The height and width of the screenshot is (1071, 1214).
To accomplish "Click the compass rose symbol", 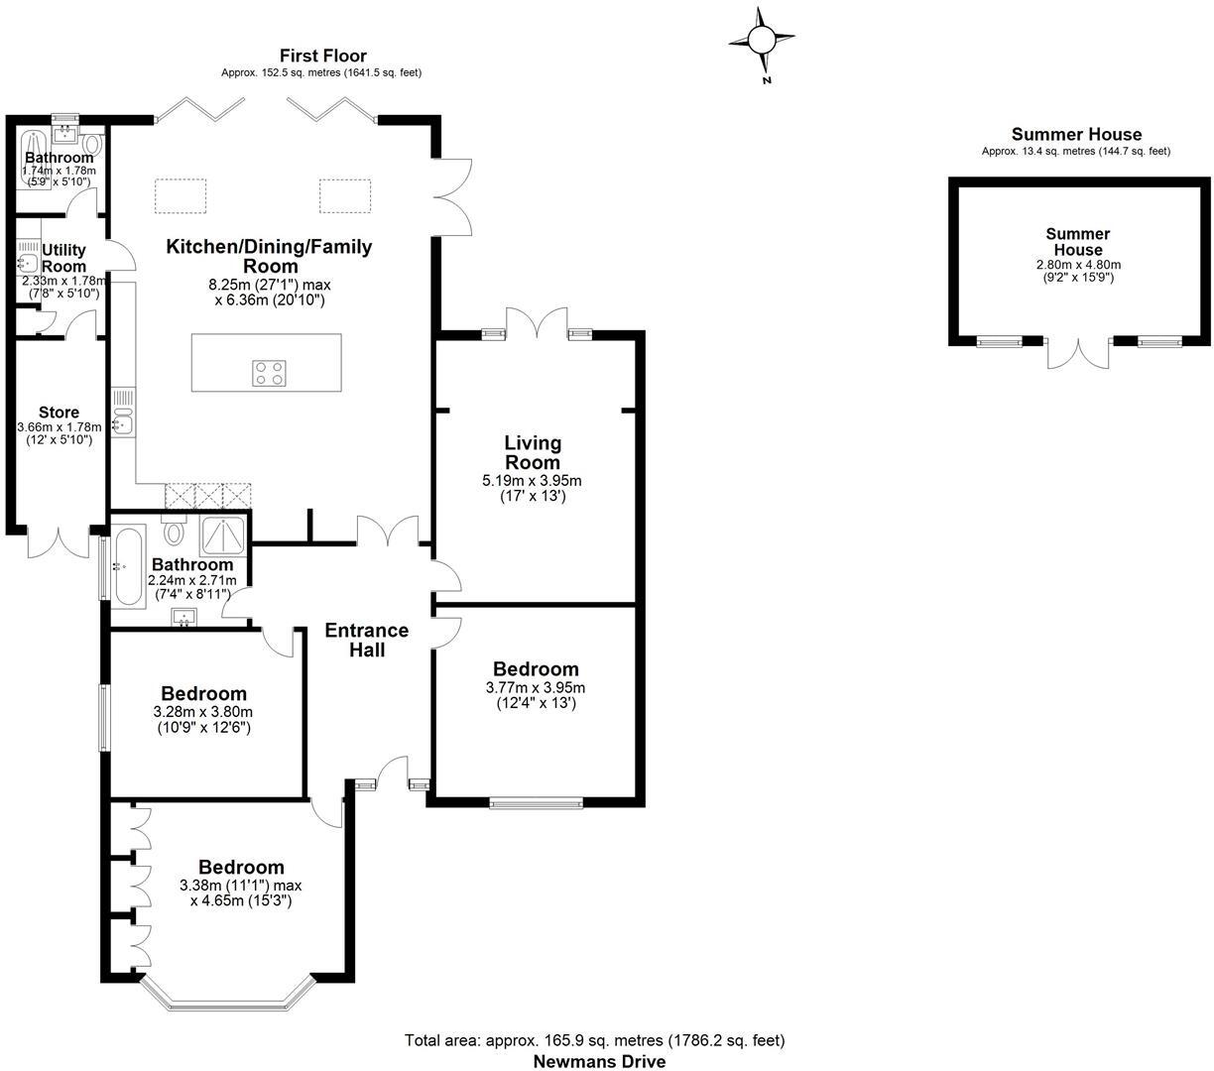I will [762, 41].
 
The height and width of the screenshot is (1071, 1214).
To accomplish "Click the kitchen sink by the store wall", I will [123, 424].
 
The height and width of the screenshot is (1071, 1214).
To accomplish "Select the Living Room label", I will [533, 452].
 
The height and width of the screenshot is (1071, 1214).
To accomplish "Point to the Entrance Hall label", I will [367, 641].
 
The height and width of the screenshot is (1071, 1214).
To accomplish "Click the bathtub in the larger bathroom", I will [129, 566].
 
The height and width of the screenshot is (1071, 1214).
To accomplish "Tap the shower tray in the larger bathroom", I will [225, 536].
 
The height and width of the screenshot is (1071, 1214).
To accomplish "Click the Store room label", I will [59, 413].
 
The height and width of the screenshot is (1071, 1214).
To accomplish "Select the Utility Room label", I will [63, 258].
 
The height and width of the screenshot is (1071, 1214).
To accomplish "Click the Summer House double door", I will [1079, 352].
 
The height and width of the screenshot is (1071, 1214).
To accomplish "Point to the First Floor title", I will [323, 56].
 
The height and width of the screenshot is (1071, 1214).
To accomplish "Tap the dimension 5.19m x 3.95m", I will [532, 481].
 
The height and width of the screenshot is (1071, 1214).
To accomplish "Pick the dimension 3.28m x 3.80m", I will [203, 712].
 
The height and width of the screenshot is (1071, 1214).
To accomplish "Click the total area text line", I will [594, 1040].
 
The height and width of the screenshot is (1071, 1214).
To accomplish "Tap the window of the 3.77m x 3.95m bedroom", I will [536, 803].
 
